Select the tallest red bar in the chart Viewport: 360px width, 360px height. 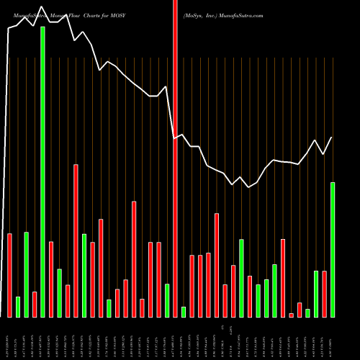click(x=175, y=158)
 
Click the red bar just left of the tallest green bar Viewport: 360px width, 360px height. click(x=35, y=304)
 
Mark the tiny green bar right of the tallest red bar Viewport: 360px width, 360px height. click(x=184, y=312)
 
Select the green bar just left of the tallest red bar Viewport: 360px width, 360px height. click(x=167, y=300)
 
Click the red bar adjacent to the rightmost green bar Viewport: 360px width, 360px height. click(x=324, y=294)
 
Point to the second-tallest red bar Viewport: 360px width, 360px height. click(x=76, y=240)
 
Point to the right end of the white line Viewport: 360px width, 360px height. click(x=332, y=138)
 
